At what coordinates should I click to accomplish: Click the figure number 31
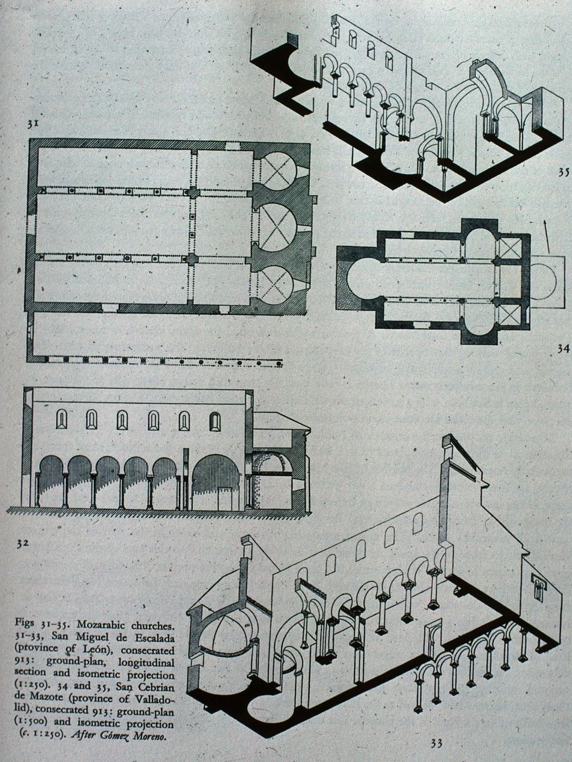click(x=33, y=124)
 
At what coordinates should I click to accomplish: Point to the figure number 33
click(x=436, y=743)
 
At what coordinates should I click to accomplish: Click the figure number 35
click(x=563, y=172)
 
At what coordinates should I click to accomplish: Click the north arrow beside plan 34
click(x=547, y=235)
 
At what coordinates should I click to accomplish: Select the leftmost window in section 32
click(x=61, y=420)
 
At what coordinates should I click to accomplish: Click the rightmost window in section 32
click(x=215, y=422)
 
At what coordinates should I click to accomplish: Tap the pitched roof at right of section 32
click(x=282, y=422)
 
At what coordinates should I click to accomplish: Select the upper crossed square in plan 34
click(x=509, y=249)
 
